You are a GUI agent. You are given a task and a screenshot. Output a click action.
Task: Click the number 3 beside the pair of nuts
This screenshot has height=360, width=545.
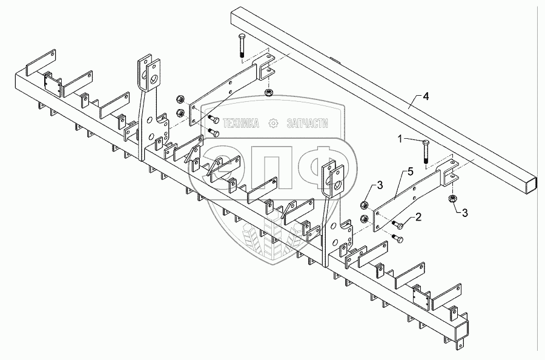point(380,185)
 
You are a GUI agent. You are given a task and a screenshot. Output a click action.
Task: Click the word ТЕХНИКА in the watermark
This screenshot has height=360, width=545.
point(242,124)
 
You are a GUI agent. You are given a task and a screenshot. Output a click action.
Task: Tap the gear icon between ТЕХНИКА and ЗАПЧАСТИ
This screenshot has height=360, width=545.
point(273,124)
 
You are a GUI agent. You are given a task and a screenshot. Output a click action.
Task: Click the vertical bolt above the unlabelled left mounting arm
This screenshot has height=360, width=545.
point(241,45)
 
